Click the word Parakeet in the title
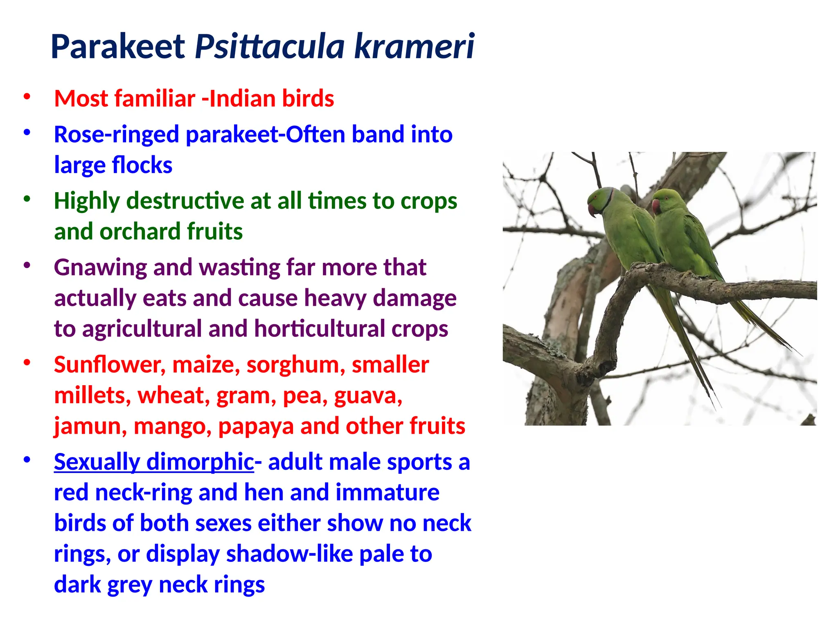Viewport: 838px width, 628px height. pos(118,47)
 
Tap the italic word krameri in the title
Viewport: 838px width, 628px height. pos(414,47)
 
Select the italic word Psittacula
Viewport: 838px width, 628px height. pos(270,47)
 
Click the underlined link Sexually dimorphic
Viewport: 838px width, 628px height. pos(154,462)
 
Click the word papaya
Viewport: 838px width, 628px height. pos(256,426)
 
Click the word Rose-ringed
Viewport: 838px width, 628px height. pos(117,135)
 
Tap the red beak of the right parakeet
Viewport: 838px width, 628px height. pos(655,206)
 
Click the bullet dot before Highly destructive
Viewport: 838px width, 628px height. pos(27,199)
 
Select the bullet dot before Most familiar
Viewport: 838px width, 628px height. pos(27,97)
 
